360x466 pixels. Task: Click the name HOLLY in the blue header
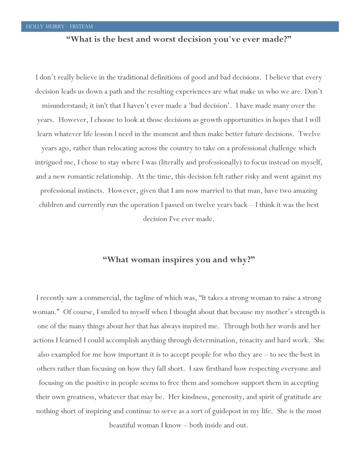pos(34,27)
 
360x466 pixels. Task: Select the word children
pos(55,205)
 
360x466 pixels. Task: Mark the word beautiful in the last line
pos(126,425)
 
